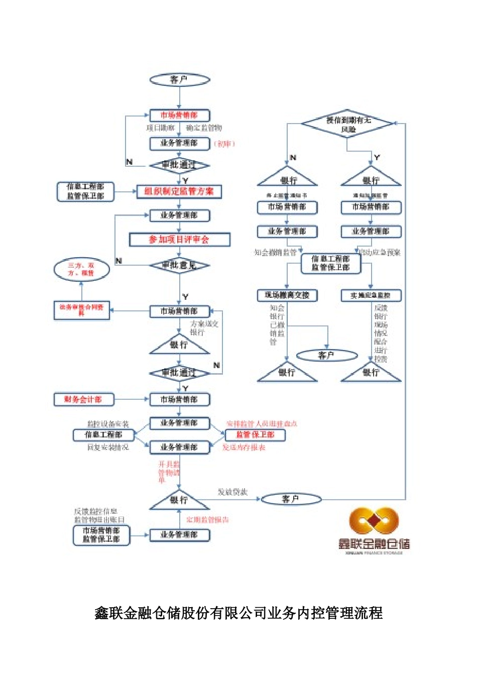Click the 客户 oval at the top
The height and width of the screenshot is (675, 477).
179,79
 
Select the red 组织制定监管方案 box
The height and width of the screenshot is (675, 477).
179,191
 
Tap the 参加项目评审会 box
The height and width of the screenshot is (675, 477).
179,240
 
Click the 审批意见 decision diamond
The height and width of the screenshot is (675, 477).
179,265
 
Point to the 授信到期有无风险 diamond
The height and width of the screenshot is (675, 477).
347,124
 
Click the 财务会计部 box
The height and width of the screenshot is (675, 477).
84,399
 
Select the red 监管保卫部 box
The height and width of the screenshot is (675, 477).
255,434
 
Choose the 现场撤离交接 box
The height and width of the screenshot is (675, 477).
287,295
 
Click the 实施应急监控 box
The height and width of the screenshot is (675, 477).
371,295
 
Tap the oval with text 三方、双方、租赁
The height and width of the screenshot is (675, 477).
81,269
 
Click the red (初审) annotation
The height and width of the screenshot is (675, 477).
224,144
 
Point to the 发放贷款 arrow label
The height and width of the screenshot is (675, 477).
232,492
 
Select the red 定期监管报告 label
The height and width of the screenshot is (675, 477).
207,519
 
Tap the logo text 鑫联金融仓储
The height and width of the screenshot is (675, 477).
374,543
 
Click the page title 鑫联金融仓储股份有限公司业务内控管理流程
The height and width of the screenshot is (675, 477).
238,613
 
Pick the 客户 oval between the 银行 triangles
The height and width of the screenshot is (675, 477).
326,356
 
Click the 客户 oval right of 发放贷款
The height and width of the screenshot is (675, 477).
291,499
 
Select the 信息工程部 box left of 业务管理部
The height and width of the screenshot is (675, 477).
103,434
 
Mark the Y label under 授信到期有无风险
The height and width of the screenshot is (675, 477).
377,158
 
